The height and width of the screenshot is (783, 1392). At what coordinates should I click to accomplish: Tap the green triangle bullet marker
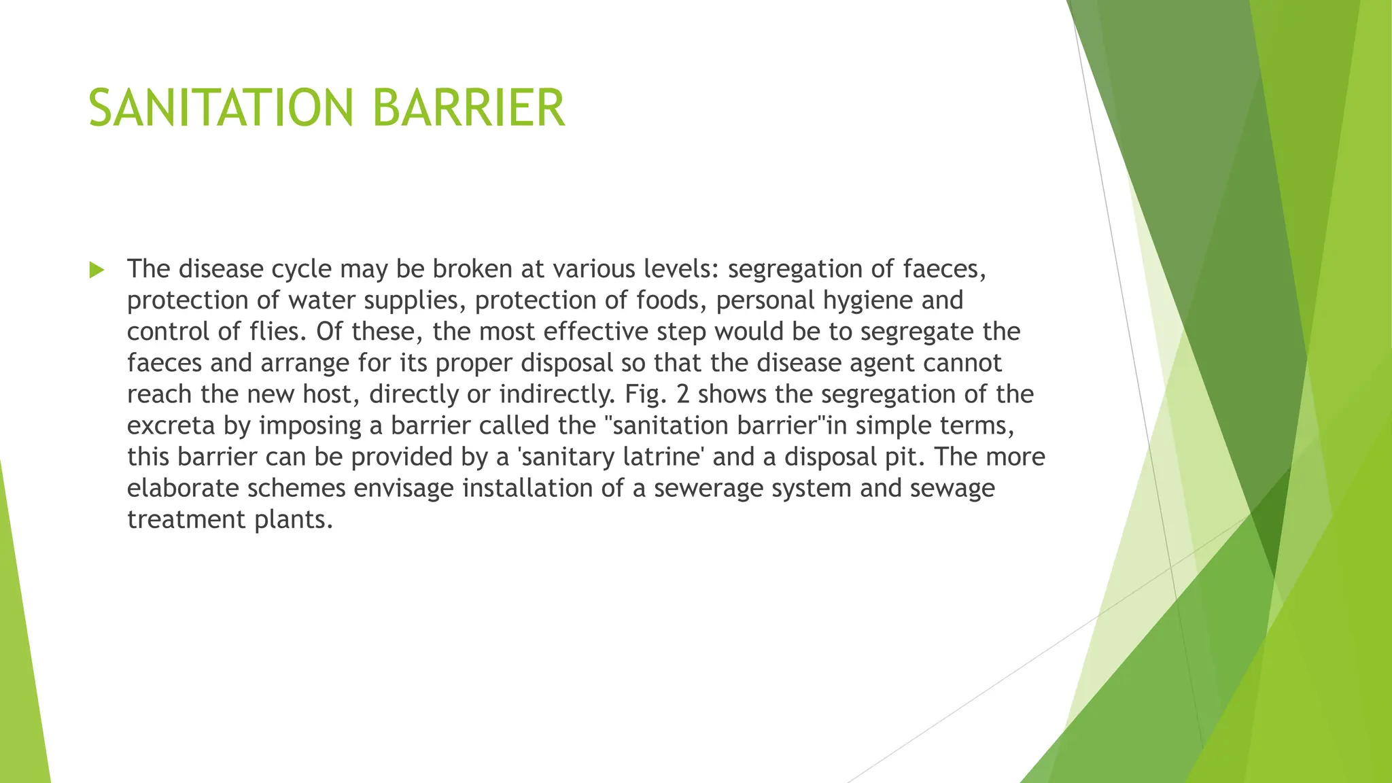click(97, 271)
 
